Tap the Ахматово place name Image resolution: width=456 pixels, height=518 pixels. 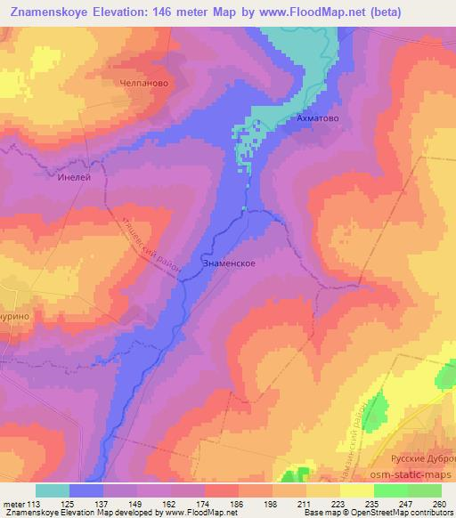[x=318, y=117]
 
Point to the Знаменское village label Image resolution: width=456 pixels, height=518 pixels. [x=230, y=263]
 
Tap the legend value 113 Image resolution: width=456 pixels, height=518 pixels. [x=33, y=503]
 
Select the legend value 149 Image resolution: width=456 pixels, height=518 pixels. [x=136, y=503]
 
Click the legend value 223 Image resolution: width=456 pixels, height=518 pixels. [x=339, y=503]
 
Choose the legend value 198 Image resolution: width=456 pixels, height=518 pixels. [x=272, y=503]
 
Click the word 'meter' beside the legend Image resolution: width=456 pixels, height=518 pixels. [x=12, y=503]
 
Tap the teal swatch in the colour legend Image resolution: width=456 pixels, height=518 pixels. [x=53, y=490]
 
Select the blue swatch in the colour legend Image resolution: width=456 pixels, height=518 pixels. [x=86, y=490]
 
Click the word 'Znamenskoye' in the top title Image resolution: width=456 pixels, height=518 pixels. [x=51, y=12]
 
